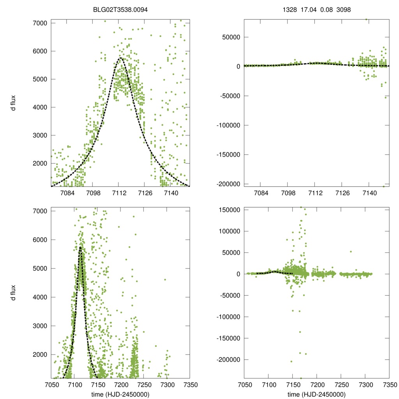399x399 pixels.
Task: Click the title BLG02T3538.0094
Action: (x=120, y=10)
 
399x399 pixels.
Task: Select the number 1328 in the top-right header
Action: (x=289, y=10)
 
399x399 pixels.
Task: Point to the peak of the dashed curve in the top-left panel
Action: (x=120, y=58)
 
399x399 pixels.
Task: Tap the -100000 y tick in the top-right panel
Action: (x=227, y=125)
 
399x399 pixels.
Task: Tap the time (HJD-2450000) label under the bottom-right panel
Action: (x=316, y=394)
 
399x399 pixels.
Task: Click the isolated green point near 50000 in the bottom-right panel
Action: (x=351, y=251)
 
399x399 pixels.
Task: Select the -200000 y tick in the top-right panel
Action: (x=227, y=184)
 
